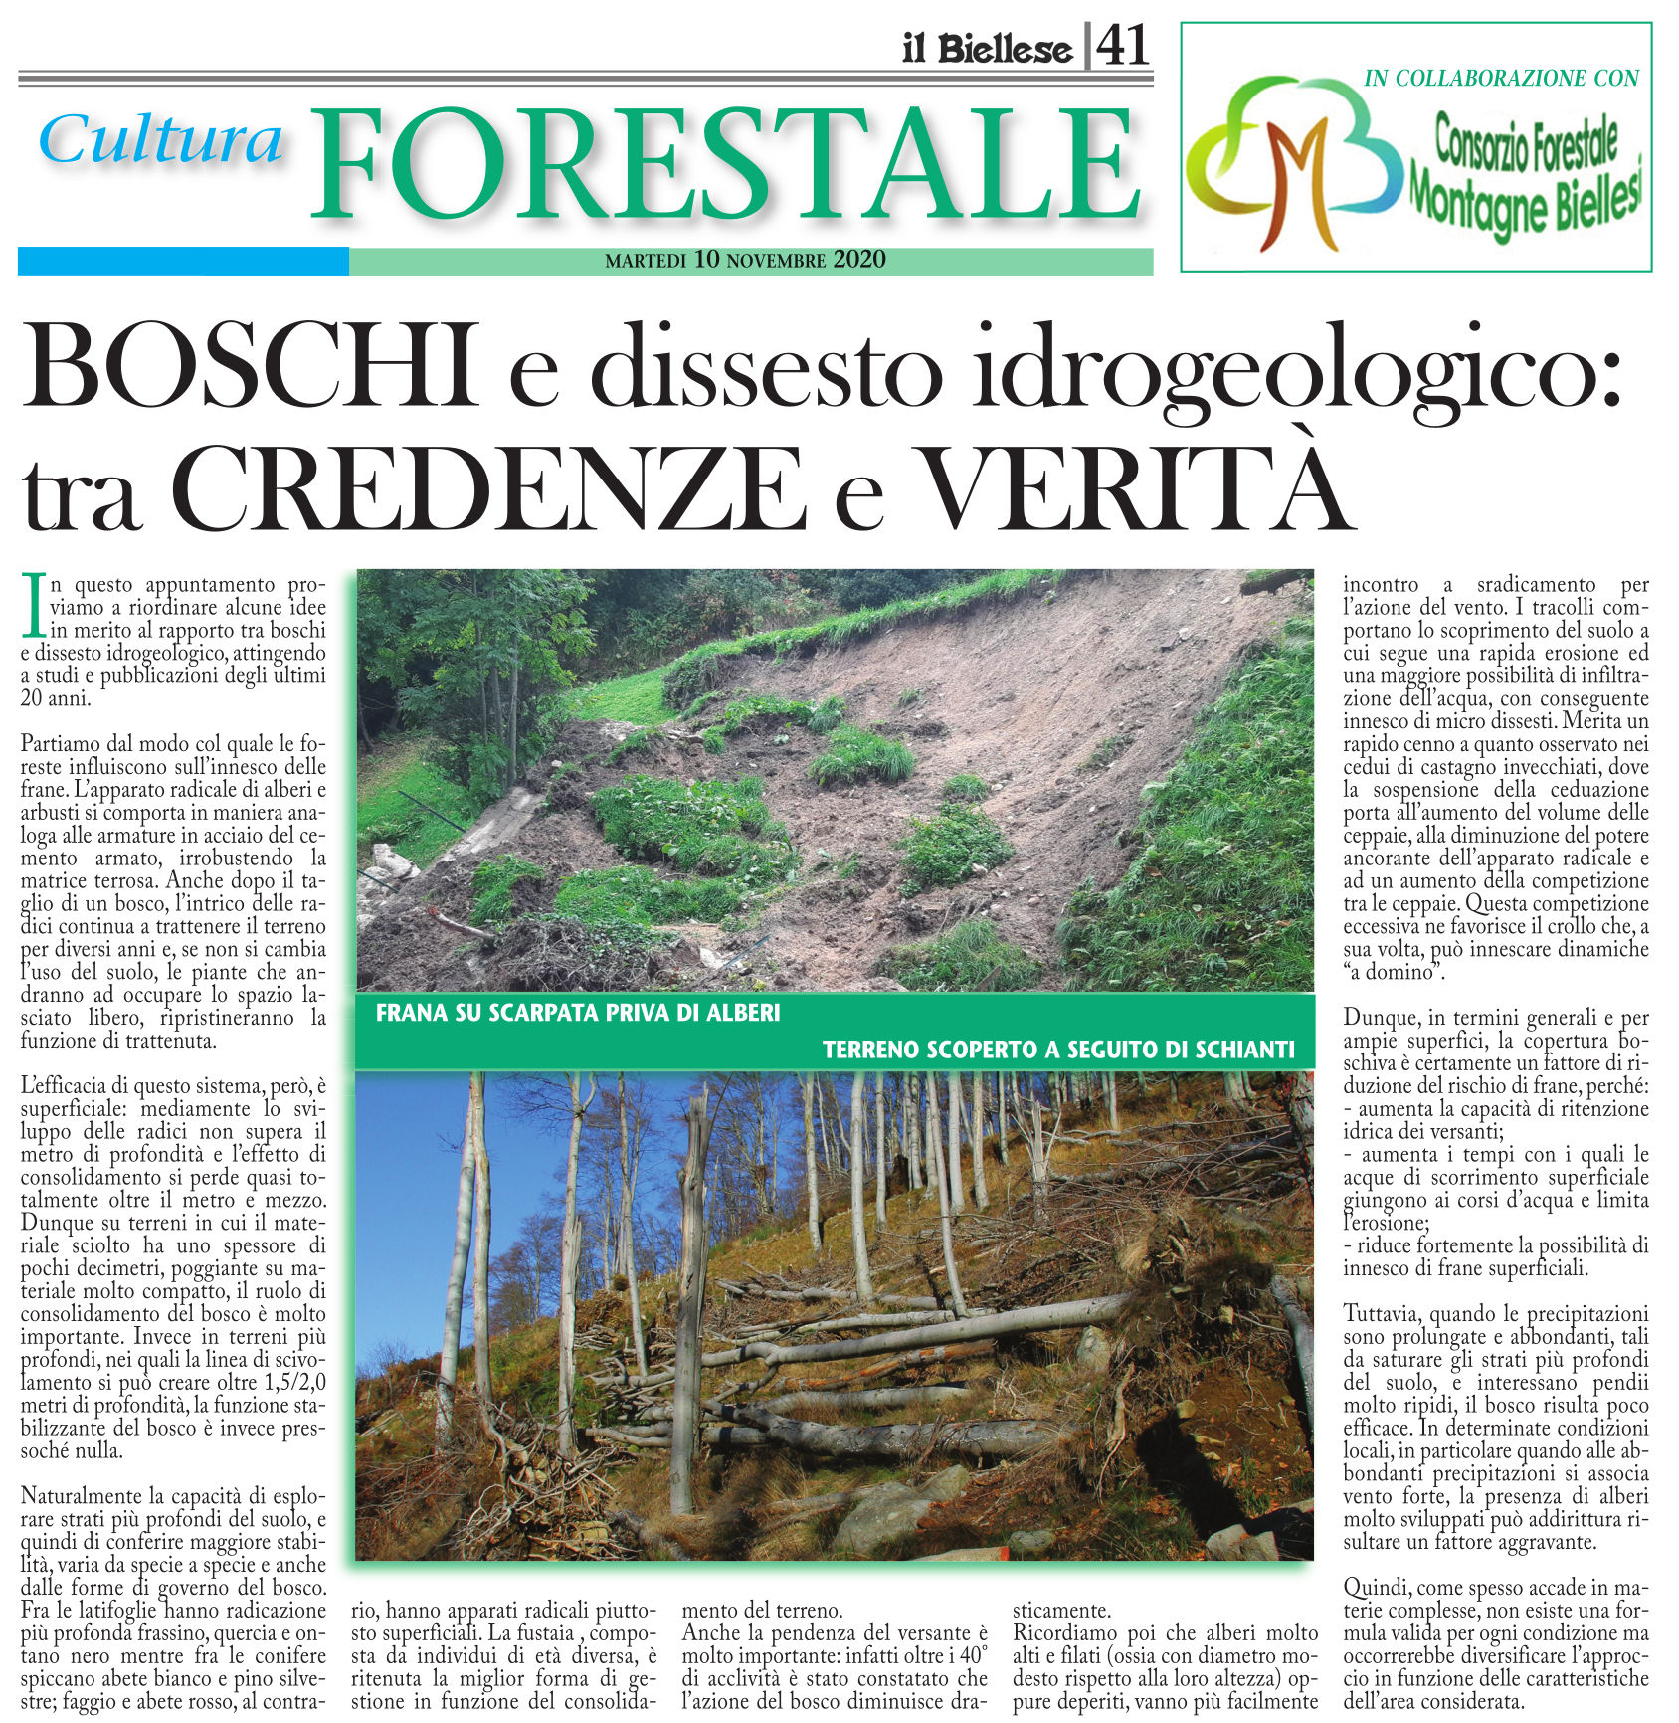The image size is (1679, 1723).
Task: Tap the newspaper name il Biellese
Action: pyautogui.click(x=987, y=49)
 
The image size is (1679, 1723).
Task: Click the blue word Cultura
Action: pyautogui.click(x=162, y=140)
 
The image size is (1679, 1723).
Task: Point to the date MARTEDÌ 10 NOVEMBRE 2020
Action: pyautogui.click(x=745, y=261)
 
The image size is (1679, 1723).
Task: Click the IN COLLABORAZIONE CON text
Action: pyautogui.click(x=1501, y=79)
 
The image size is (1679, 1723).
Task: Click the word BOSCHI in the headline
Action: pyautogui.click(x=249, y=367)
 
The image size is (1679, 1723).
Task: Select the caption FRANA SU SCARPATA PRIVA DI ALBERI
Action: pyautogui.click(x=578, y=1014)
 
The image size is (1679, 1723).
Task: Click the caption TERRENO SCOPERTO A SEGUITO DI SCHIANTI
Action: pyautogui.click(x=1058, y=1050)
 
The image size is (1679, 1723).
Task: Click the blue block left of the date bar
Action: pyautogui.click(x=183, y=261)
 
